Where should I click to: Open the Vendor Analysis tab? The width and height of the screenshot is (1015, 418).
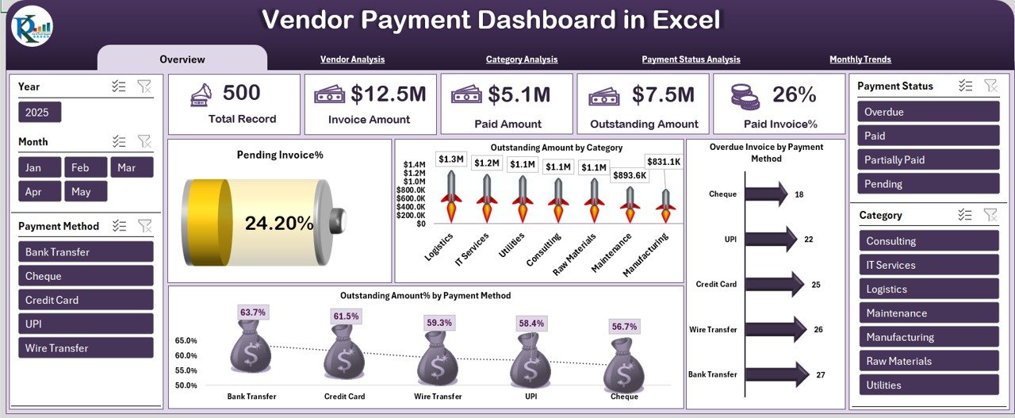[352, 59]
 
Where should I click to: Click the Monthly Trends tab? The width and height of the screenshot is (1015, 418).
[860, 59]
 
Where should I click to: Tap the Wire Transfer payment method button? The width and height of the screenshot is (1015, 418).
[86, 348]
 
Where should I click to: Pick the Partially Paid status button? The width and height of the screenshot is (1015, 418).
[928, 159]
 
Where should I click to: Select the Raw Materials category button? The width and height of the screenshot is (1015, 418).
[928, 361]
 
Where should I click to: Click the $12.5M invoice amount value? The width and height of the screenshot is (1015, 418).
[389, 94]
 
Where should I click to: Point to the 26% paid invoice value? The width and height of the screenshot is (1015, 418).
[794, 94]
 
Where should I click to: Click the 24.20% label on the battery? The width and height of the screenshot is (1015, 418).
[279, 224]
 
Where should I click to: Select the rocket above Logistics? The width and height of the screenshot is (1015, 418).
[451, 197]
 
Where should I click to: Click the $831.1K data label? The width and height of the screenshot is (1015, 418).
[663, 162]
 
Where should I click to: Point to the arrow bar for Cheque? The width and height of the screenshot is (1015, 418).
[766, 194]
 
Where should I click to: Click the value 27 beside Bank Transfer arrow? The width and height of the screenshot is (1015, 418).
[821, 374]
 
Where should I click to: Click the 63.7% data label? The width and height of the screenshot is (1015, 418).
[253, 313]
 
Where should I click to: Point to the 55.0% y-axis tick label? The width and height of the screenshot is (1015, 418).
[186, 370]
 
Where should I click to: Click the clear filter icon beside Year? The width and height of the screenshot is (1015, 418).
[144, 86]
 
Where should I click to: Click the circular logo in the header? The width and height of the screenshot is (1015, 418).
[32, 26]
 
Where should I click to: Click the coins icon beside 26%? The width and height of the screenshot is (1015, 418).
[745, 96]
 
